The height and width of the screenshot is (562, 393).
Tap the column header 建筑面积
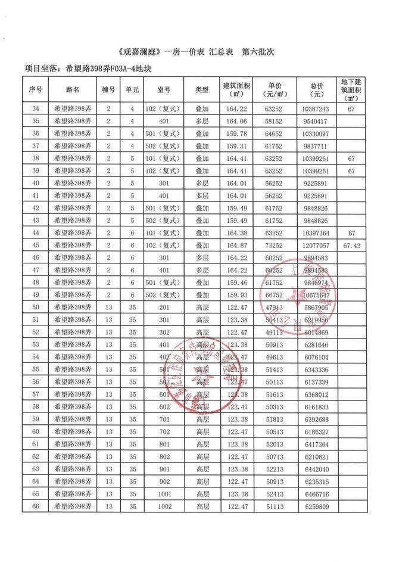pos(236,89)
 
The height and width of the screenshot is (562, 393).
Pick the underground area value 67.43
pos(352,246)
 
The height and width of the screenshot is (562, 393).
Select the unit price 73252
pos(275,246)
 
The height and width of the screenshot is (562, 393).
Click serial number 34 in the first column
pos(36,109)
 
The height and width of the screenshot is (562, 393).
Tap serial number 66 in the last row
pos(36,507)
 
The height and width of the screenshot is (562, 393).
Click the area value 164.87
pos(236,246)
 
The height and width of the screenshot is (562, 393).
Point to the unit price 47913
pos(275,308)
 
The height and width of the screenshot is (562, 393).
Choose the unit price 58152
pos(275,122)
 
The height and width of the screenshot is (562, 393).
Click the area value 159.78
pos(236,134)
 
